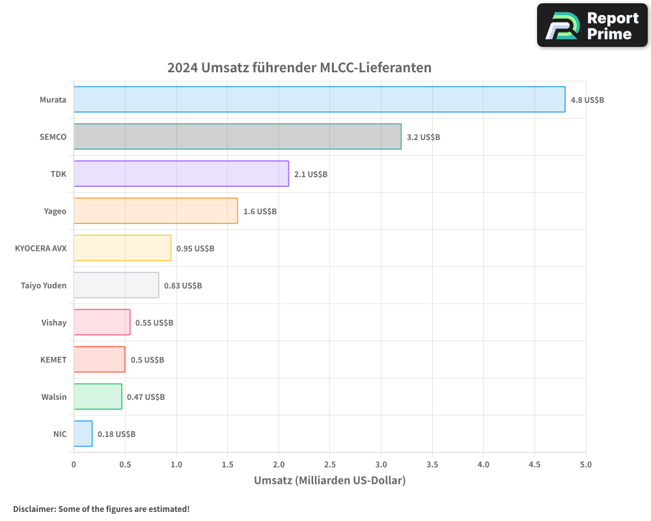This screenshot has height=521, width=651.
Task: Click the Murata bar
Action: [319, 100]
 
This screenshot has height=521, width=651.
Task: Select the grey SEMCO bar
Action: [237, 137]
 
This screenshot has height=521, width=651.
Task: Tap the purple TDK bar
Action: [181, 174]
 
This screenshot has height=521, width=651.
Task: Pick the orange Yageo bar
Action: [156, 211]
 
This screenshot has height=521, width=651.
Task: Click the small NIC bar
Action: [83, 434]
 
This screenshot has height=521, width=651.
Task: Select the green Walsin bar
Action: [98, 397]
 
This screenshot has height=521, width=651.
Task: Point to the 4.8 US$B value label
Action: [587, 100]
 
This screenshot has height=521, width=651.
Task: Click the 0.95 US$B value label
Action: [195, 249]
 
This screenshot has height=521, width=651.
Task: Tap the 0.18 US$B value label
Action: [117, 434]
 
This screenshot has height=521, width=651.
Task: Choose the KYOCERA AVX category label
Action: [40, 248]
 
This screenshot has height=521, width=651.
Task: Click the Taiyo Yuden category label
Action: [44, 285]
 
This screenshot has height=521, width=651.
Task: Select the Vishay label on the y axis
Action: [53, 322]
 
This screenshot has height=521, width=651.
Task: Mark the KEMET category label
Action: [53, 359]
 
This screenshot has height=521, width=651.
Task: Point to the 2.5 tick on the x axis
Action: [329, 464]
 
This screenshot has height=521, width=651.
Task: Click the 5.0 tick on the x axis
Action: [585, 464]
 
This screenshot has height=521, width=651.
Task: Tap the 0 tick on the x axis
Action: [74, 464]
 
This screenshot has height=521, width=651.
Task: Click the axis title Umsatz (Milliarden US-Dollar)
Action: [329, 481]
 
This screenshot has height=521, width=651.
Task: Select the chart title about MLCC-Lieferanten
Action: [299, 68]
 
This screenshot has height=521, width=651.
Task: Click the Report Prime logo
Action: [592, 25]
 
